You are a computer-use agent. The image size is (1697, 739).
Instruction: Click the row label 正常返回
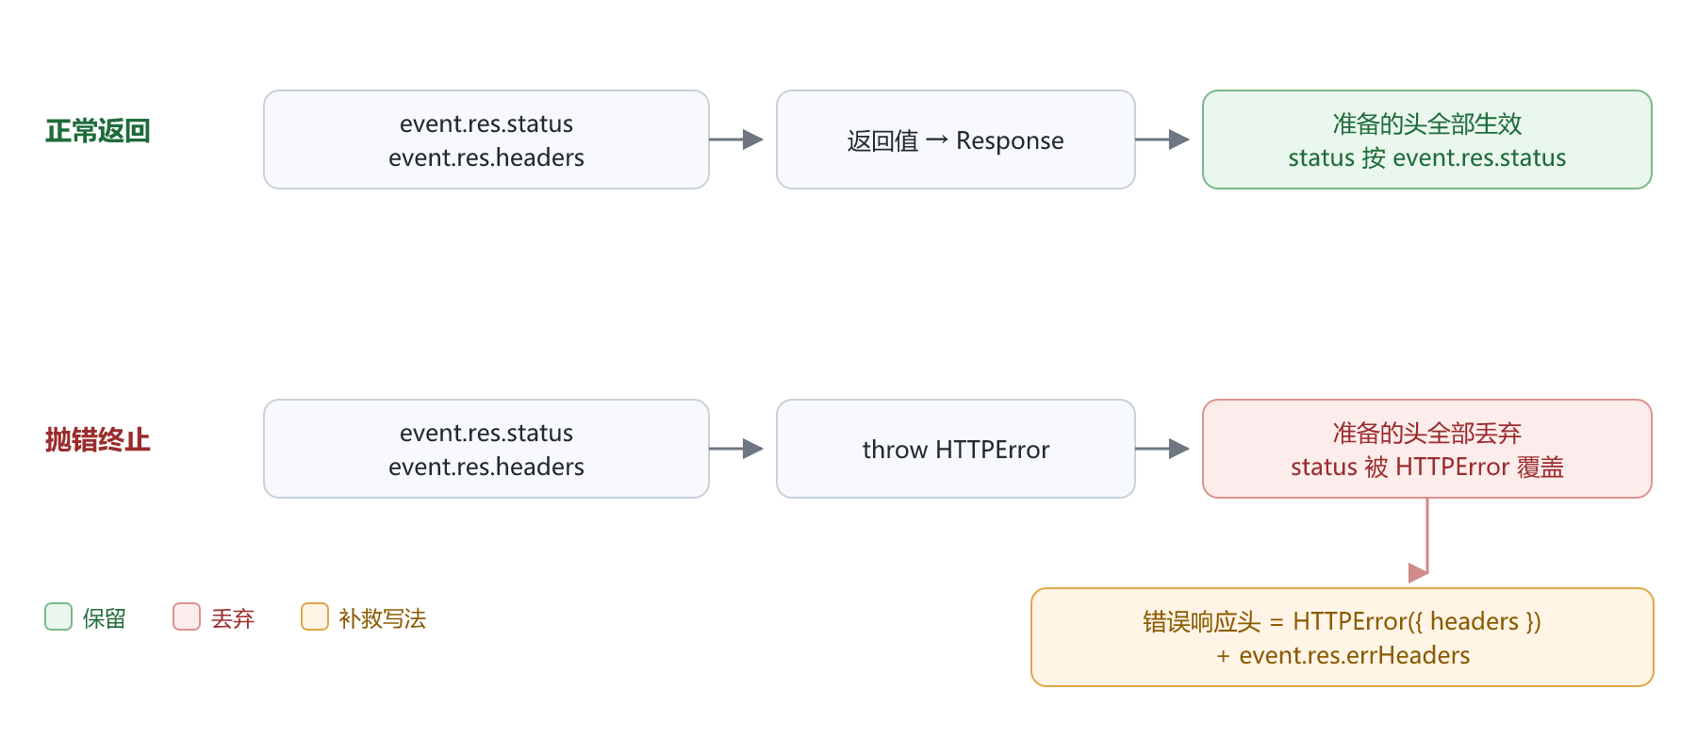tap(98, 131)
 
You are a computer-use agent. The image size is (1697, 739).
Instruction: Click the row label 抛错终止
tap(98, 440)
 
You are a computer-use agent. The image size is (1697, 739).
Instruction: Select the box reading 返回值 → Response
tap(956, 140)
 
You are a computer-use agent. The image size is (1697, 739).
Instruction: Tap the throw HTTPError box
tap(956, 449)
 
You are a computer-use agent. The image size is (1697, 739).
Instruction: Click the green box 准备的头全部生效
tap(1427, 140)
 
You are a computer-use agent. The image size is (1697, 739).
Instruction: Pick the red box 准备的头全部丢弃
tap(1427, 449)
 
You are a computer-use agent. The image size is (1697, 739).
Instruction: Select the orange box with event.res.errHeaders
tap(1343, 637)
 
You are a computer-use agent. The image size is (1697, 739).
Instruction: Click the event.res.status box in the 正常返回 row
tap(486, 140)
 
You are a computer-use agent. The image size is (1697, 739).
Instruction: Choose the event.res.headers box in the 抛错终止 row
tap(486, 449)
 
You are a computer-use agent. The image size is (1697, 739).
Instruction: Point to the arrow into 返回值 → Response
tap(736, 140)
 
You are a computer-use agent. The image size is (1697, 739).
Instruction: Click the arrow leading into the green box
tap(1162, 140)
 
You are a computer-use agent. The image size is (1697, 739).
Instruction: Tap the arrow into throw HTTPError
tap(736, 449)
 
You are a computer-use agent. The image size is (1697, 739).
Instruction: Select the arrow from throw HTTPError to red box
tap(1162, 449)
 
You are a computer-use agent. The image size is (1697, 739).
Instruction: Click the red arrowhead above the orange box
tap(1418, 573)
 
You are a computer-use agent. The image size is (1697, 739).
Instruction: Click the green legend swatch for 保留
tap(58, 616)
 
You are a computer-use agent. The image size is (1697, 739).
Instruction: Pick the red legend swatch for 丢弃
tap(187, 616)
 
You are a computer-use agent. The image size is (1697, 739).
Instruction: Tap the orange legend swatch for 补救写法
tap(315, 616)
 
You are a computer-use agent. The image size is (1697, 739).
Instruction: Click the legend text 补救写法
tap(383, 618)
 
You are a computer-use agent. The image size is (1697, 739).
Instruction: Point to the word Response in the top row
tap(1010, 141)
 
